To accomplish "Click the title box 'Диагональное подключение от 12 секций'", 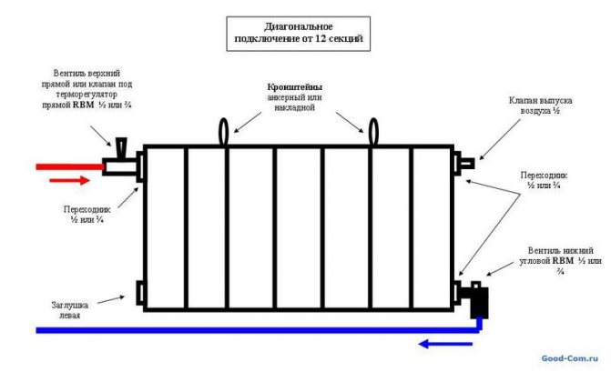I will [300, 34].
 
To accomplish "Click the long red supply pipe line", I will [68, 166].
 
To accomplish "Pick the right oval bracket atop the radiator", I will [372, 131].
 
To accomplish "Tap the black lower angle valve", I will [477, 299].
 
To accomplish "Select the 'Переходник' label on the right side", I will [545, 179].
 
